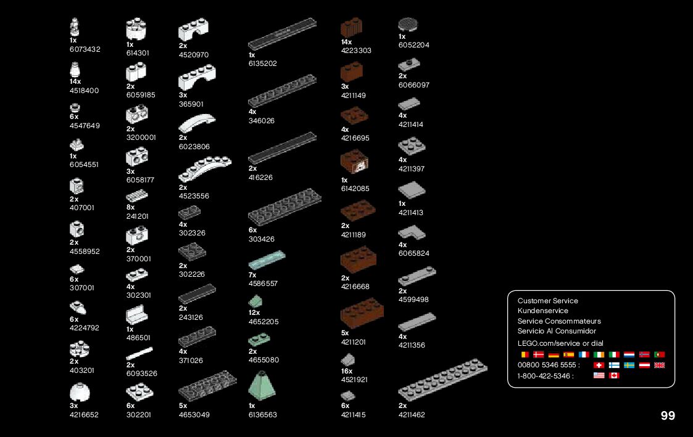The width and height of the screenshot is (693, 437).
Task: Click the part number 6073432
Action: [85, 49]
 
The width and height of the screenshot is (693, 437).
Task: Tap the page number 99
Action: [668, 416]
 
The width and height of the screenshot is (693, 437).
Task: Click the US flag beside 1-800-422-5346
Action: [599, 375]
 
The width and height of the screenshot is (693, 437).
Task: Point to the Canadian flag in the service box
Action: [613, 375]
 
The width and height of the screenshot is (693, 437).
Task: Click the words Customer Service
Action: [548, 301]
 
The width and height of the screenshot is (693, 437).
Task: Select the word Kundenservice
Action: [543, 311]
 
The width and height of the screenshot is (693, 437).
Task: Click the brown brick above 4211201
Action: [362, 312]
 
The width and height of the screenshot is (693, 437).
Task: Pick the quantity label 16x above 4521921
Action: [347, 371]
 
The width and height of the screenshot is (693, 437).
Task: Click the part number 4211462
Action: [412, 415]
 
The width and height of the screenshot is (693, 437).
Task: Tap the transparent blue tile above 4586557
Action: [267, 260]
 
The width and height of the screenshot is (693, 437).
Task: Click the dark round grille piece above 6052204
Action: [408, 24]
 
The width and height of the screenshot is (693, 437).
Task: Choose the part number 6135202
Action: [262, 63]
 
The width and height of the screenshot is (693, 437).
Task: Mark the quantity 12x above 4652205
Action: [254, 313]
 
